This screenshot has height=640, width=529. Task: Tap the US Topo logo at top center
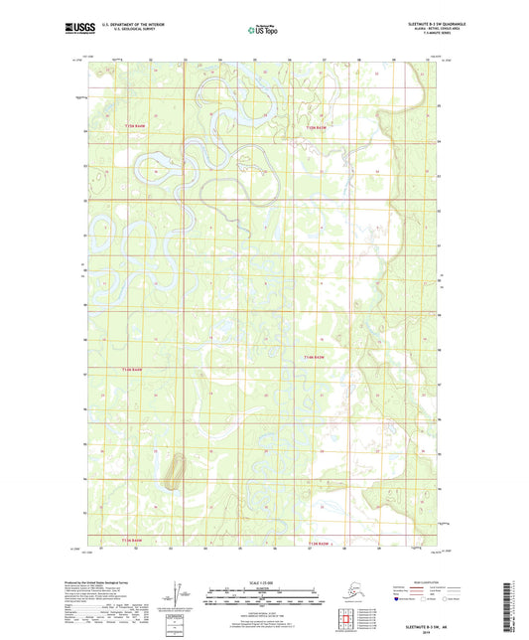coord(265,31)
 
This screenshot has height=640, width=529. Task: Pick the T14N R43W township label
coord(316,357)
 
